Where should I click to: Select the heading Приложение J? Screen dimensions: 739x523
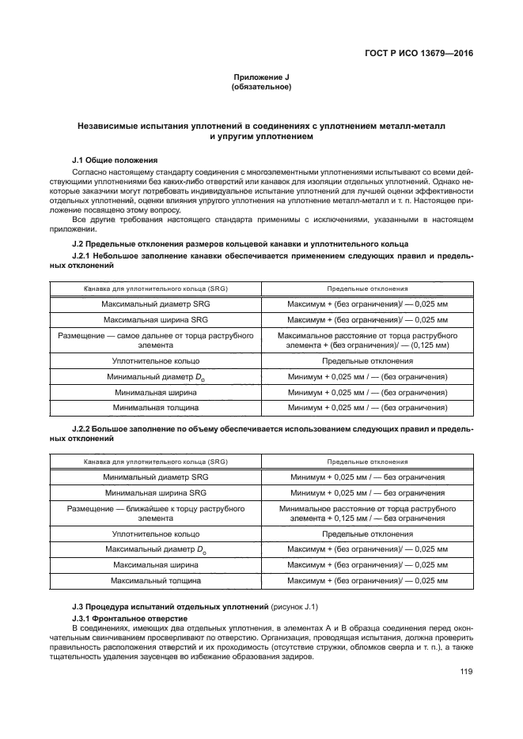261,77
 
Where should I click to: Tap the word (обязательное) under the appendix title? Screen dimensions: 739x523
261,87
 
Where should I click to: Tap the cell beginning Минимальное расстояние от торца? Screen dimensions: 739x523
366,513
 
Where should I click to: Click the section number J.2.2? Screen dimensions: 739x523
83,428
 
